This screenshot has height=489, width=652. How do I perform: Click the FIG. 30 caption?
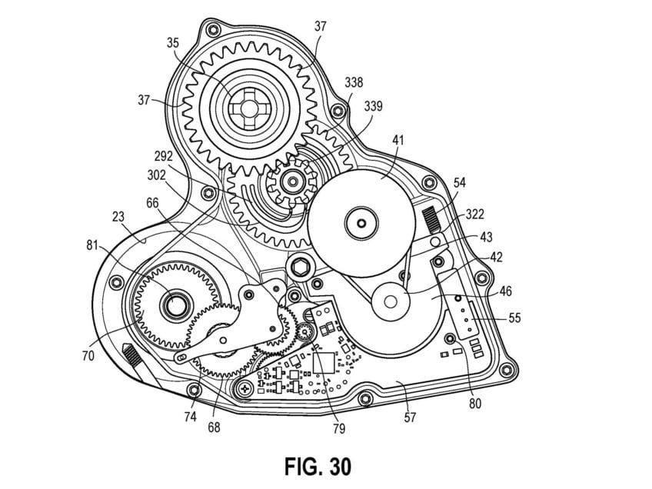click(x=318, y=467)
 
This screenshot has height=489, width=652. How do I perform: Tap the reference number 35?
click(x=173, y=42)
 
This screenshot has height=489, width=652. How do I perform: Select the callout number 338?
click(x=354, y=82)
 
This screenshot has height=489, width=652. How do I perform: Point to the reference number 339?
click(x=373, y=106)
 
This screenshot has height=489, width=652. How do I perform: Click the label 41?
click(x=398, y=140)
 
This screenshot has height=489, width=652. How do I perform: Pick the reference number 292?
click(x=164, y=156)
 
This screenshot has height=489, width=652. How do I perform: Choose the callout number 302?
click(x=157, y=175)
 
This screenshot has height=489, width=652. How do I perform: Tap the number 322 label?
click(x=475, y=214)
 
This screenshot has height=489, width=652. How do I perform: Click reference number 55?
click(x=514, y=318)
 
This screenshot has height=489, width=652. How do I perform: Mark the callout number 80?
click(x=474, y=403)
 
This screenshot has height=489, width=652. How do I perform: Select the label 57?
click(x=410, y=417)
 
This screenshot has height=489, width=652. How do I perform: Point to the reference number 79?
click(x=339, y=428)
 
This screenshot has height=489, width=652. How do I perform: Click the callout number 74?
click(x=190, y=417)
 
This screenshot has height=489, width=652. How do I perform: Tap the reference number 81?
click(x=91, y=245)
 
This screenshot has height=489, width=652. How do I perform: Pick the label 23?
click(x=118, y=217)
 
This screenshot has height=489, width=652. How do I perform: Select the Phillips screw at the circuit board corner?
click(x=246, y=389)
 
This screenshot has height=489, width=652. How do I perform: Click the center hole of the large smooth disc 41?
click(x=362, y=224)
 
